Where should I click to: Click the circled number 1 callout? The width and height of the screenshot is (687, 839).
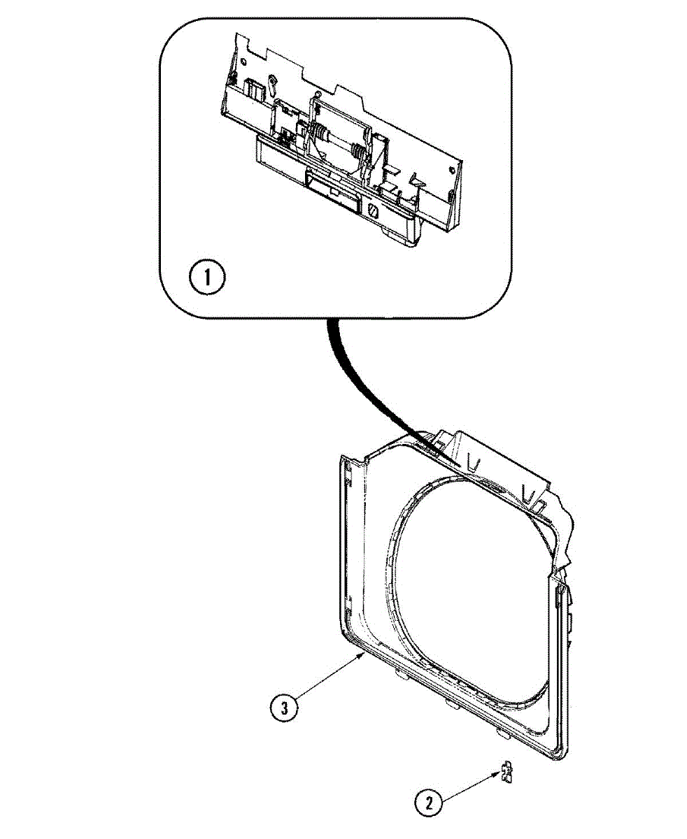(x=206, y=280)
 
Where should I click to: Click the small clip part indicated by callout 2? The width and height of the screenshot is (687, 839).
(x=507, y=773)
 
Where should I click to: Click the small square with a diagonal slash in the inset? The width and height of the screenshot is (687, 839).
(x=372, y=209)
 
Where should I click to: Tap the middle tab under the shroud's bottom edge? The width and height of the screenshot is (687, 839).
(x=451, y=703)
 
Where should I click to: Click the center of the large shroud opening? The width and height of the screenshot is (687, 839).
(x=469, y=594)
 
